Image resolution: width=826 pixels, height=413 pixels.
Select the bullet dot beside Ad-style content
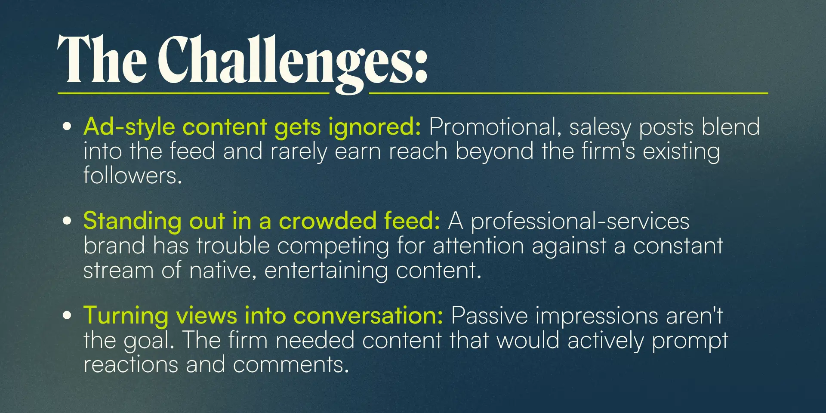tap(67, 126)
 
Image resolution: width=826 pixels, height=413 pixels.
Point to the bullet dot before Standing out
tap(67, 221)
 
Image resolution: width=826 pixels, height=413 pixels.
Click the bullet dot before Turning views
tap(67, 315)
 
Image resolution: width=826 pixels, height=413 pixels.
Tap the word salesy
tap(600, 128)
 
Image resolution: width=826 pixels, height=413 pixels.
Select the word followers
tap(133, 175)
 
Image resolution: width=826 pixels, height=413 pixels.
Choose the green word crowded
tap(328, 221)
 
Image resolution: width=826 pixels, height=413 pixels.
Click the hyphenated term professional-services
tap(580, 222)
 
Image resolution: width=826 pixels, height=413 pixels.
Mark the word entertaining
tap(326, 271)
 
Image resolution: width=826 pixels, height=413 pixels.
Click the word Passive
tap(489, 315)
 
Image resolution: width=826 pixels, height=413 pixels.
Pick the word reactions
tap(131, 365)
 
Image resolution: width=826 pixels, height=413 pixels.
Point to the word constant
tap(678, 246)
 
